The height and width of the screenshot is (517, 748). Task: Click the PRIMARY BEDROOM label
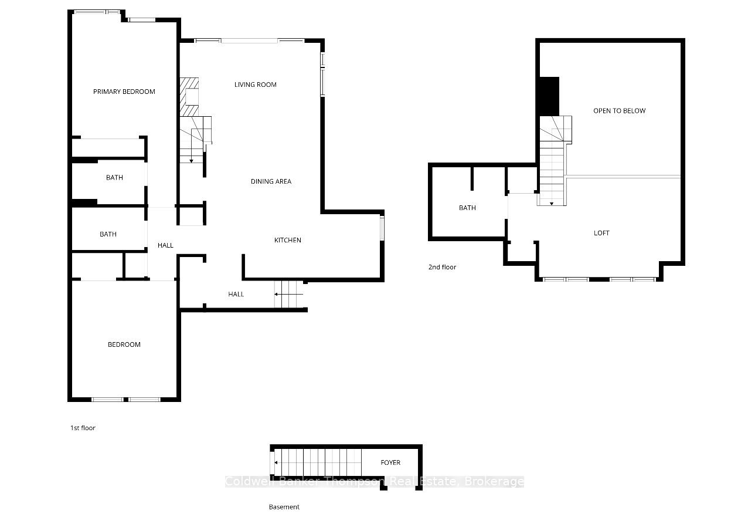tap(124, 92)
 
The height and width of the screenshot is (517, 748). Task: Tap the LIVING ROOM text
tap(256, 85)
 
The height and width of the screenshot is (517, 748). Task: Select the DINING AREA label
tap(271, 181)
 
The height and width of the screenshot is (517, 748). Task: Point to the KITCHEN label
tap(287, 240)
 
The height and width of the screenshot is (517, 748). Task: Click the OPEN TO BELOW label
tap(620, 111)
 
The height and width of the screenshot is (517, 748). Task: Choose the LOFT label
tap(601, 233)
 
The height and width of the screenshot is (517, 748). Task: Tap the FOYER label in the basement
tap(390, 462)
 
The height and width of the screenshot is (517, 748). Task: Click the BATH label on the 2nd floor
tap(467, 208)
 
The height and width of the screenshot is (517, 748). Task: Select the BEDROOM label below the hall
tap(124, 344)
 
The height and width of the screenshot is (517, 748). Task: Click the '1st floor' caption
tap(83, 428)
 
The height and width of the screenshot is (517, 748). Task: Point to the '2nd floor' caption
tap(442, 267)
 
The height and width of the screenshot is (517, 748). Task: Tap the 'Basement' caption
tap(284, 507)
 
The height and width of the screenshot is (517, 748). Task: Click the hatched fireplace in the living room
tap(189, 97)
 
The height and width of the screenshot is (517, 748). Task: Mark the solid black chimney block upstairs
tap(549, 97)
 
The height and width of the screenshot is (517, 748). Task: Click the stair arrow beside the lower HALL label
tap(289, 295)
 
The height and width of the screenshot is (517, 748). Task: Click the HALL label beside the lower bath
tap(165, 245)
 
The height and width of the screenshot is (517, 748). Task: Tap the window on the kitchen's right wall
tap(382, 228)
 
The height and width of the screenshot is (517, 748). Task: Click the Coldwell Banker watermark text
tap(375, 482)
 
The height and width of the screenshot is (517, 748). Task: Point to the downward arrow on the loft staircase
tap(552, 204)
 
